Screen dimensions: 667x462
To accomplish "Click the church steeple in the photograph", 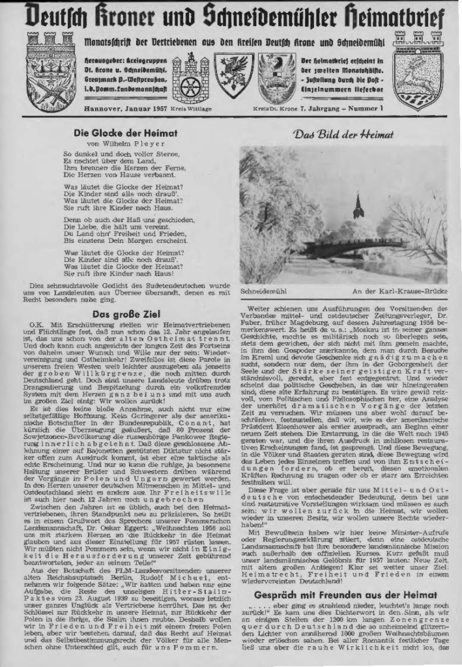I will coord(357,206).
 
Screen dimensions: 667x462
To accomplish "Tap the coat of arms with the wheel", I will coord(190,79).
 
